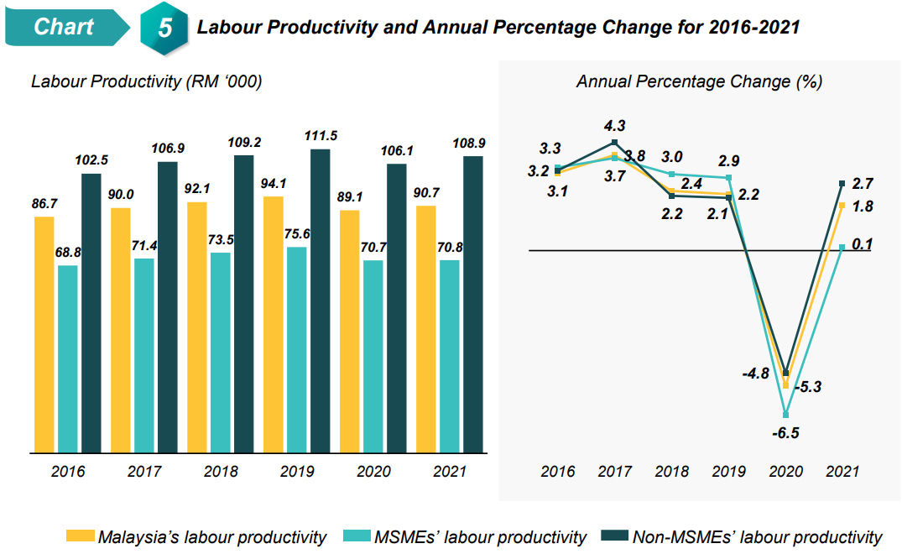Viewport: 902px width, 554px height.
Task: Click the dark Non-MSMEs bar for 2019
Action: (320, 302)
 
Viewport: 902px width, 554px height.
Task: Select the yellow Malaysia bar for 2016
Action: (44, 336)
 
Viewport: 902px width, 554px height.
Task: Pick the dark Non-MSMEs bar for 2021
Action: (473, 306)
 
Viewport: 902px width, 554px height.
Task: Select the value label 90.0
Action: (122, 195)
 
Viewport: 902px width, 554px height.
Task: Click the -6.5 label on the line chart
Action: (787, 433)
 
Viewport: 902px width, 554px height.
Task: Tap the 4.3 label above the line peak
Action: (614, 126)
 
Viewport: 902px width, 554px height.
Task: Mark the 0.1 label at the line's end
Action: (862, 244)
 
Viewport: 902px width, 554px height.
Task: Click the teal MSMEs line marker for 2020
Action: (786, 415)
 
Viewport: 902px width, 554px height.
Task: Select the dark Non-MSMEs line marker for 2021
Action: (842, 183)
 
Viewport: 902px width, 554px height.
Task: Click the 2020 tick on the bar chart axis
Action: (373, 471)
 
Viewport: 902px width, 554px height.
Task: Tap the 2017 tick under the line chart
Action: (614, 471)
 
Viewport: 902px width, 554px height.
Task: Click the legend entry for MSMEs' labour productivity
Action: (480, 537)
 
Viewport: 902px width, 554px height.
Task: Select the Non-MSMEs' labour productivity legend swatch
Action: (613, 537)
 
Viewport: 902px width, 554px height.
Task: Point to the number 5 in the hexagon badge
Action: (165, 28)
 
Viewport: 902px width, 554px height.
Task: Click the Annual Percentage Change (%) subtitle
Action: (699, 81)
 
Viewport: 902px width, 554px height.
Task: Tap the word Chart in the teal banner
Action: (64, 27)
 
